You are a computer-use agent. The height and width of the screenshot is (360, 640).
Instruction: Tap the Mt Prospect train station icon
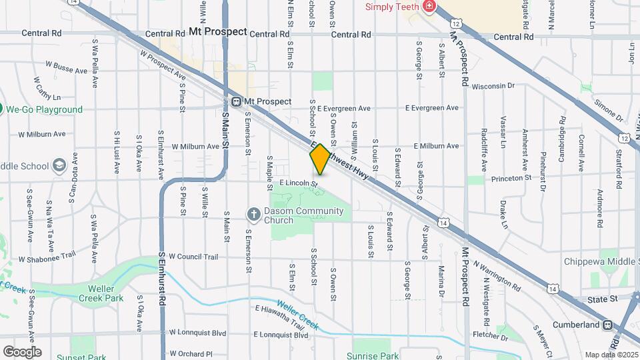[x=236, y=101]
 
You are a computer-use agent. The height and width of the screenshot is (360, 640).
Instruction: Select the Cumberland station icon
[x=607, y=325]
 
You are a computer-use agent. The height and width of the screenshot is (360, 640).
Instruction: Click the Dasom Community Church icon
[x=253, y=213]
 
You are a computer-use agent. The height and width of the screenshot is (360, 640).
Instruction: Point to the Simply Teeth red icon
[x=429, y=7]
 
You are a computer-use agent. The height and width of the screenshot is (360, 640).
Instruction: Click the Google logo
[x=21, y=351]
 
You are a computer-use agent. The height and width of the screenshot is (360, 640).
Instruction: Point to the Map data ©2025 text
[x=611, y=355]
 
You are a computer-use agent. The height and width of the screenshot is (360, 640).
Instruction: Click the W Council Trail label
[x=193, y=257]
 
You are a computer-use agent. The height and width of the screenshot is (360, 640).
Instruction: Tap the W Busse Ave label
[x=66, y=69]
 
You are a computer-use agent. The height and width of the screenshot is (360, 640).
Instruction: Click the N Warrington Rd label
[x=496, y=274]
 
